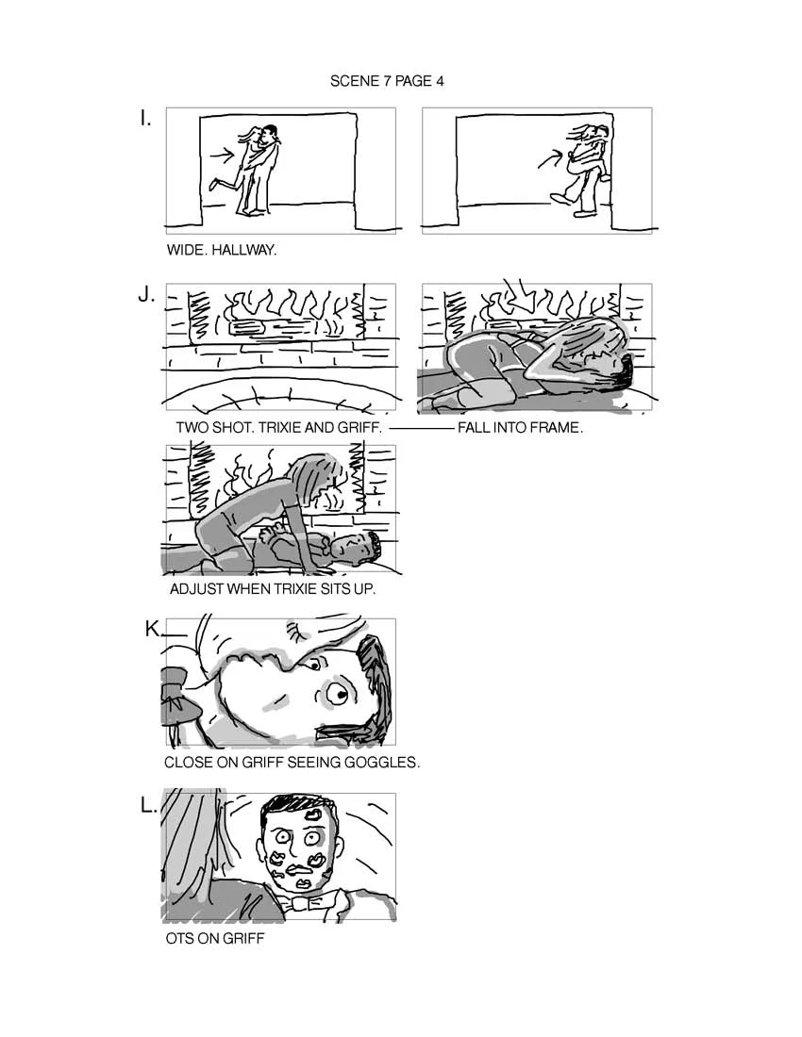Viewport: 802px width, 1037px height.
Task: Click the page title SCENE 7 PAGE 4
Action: (387, 81)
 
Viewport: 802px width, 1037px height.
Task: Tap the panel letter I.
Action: (145, 119)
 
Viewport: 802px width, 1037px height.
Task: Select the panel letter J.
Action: (146, 294)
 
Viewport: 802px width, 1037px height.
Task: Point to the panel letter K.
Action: (153, 630)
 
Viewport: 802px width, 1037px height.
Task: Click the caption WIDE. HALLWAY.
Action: (222, 251)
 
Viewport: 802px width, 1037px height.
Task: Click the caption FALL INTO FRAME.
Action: (520, 427)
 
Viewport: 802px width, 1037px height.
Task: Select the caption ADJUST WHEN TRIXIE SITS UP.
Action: (273, 589)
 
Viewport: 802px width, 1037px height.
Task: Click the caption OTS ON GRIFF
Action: (215, 939)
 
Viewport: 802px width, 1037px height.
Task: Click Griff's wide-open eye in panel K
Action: (336, 696)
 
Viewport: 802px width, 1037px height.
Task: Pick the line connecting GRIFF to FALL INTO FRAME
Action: (421, 428)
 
